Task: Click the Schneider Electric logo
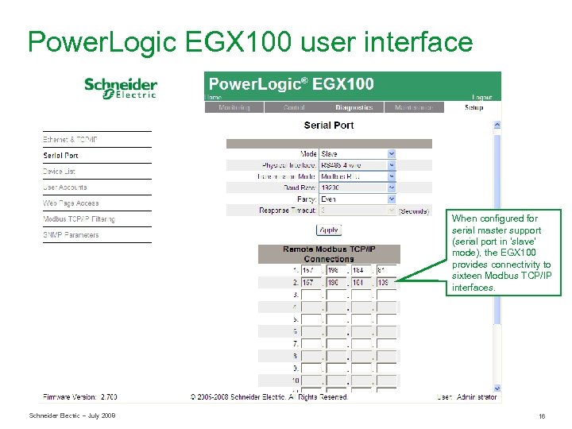(x=121, y=87)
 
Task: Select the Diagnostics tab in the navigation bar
(x=354, y=107)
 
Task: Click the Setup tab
(x=473, y=107)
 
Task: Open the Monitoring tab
(x=234, y=107)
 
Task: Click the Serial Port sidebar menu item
(x=61, y=156)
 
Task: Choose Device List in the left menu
(x=60, y=172)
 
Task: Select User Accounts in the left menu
(x=65, y=187)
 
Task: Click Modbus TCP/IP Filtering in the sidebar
(x=79, y=219)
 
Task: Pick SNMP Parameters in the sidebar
(x=71, y=235)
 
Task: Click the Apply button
(x=329, y=230)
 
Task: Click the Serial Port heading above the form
(x=329, y=126)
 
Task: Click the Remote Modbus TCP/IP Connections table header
(x=329, y=253)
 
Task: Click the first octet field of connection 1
(x=311, y=270)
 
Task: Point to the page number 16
(x=542, y=416)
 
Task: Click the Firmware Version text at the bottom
(x=80, y=396)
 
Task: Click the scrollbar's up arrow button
(x=497, y=125)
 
